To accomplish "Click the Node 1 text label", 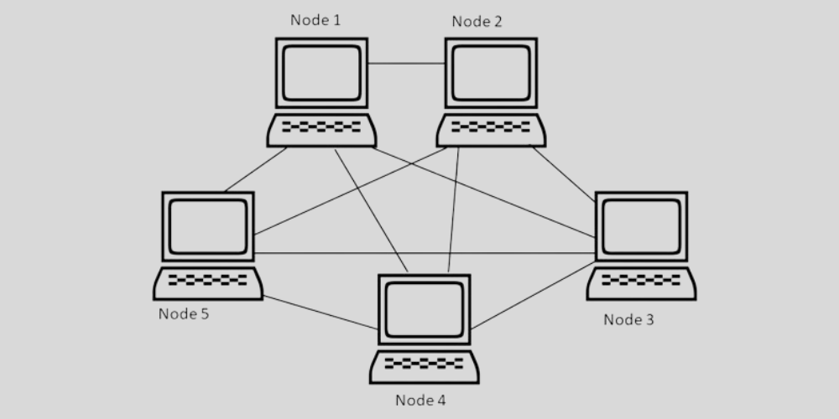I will click(x=315, y=19).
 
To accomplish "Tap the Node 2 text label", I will click(x=477, y=22).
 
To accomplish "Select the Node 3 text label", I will click(x=629, y=319).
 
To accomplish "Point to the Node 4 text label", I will click(x=420, y=400).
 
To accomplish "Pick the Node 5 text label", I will click(x=184, y=314).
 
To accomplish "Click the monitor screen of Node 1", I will click(x=321, y=73).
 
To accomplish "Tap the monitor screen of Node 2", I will click(x=491, y=73).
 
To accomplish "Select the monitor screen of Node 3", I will click(x=641, y=226).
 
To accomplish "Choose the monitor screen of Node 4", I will click(x=424, y=309).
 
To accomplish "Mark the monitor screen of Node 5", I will click(x=207, y=226).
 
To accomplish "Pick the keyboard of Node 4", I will click(x=424, y=365).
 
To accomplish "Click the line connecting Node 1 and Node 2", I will click(x=406, y=64).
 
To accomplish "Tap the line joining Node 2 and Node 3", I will click(x=564, y=173).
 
